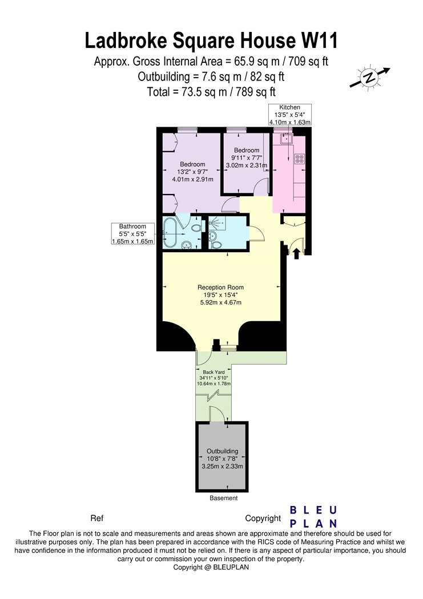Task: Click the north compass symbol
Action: point(369,78)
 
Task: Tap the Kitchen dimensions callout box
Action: point(289,115)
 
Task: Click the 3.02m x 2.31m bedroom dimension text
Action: point(247,165)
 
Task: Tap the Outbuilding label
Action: point(222,451)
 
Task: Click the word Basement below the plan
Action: point(223,498)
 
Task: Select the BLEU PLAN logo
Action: point(313,516)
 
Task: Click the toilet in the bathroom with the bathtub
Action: point(196,229)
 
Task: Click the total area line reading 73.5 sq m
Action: point(211,91)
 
